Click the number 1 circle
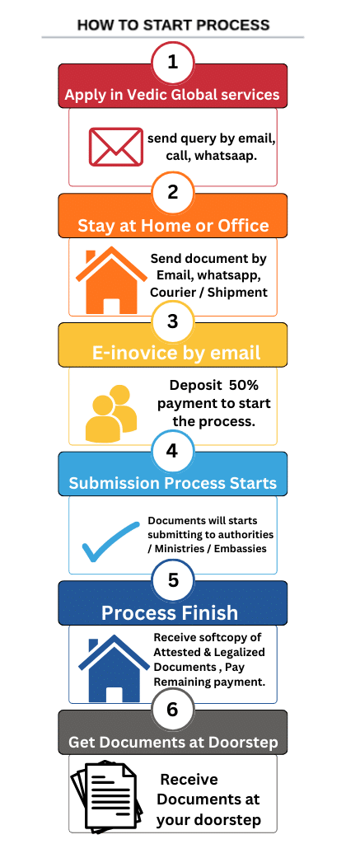click(172, 63)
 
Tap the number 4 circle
click(172, 451)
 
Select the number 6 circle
click(172, 709)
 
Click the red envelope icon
click(115, 147)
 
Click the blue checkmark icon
click(111, 542)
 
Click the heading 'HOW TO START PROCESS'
click(173, 25)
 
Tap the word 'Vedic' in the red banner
click(142, 95)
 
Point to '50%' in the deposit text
click(245, 386)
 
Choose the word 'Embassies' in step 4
click(240, 549)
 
